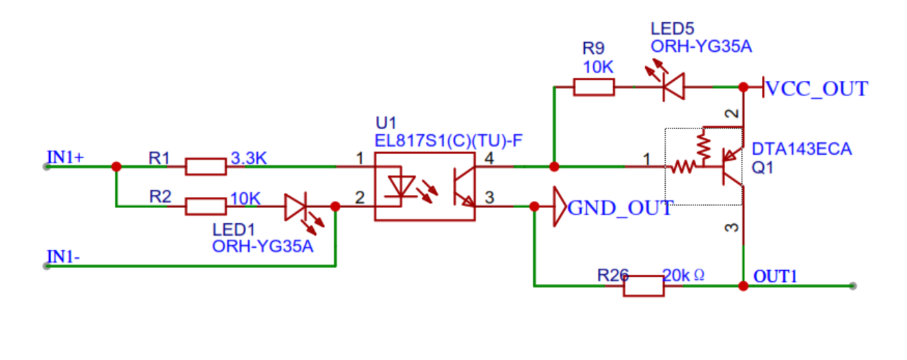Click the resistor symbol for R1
[x=205, y=167]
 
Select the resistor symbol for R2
[x=205, y=206]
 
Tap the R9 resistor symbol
[x=594, y=87]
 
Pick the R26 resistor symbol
[x=643, y=285]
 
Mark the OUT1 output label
[x=775, y=276]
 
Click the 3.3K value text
[x=248, y=158]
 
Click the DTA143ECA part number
[x=801, y=149]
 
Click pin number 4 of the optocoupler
[x=489, y=158]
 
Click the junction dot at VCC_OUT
[x=743, y=88]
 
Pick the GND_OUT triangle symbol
[x=559, y=207]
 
